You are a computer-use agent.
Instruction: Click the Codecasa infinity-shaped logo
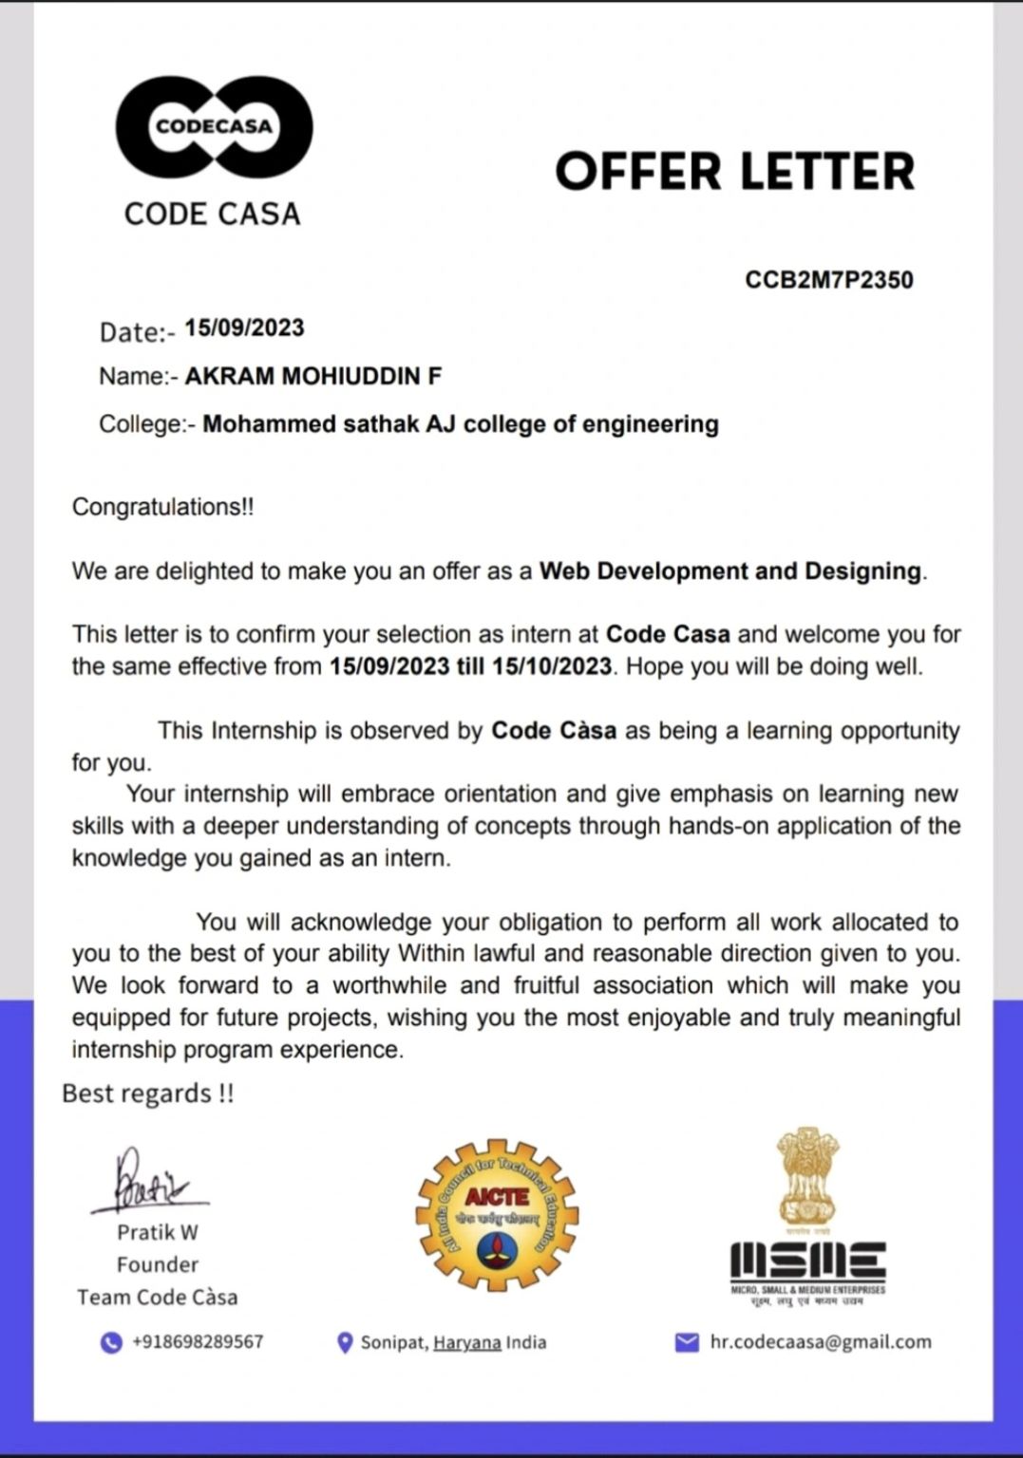click(x=214, y=126)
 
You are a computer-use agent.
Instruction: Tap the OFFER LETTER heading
click(x=734, y=172)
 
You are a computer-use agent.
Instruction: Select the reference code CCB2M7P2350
click(x=828, y=280)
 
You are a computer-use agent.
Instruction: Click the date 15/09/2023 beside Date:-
click(x=244, y=328)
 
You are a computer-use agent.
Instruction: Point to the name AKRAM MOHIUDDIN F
click(x=313, y=377)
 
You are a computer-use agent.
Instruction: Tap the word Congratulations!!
click(x=162, y=507)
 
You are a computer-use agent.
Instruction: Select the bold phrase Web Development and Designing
click(x=729, y=571)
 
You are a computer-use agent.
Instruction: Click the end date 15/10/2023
click(x=551, y=666)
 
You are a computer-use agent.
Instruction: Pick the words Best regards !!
click(x=147, y=1093)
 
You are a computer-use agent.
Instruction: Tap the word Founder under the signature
click(x=158, y=1264)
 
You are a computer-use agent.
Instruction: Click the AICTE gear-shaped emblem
click(x=497, y=1216)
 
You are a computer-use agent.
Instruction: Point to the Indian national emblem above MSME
click(x=806, y=1177)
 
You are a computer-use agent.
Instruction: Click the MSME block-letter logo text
click(x=807, y=1261)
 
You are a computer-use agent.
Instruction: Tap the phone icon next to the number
click(x=112, y=1342)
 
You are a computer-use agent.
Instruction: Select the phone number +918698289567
click(x=198, y=1342)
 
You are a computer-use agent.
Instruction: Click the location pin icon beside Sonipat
click(x=346, y=1342)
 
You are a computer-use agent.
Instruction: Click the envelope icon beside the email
click(x=686, y=1342)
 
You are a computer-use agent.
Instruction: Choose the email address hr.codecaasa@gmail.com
click(x=821, y=1342)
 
